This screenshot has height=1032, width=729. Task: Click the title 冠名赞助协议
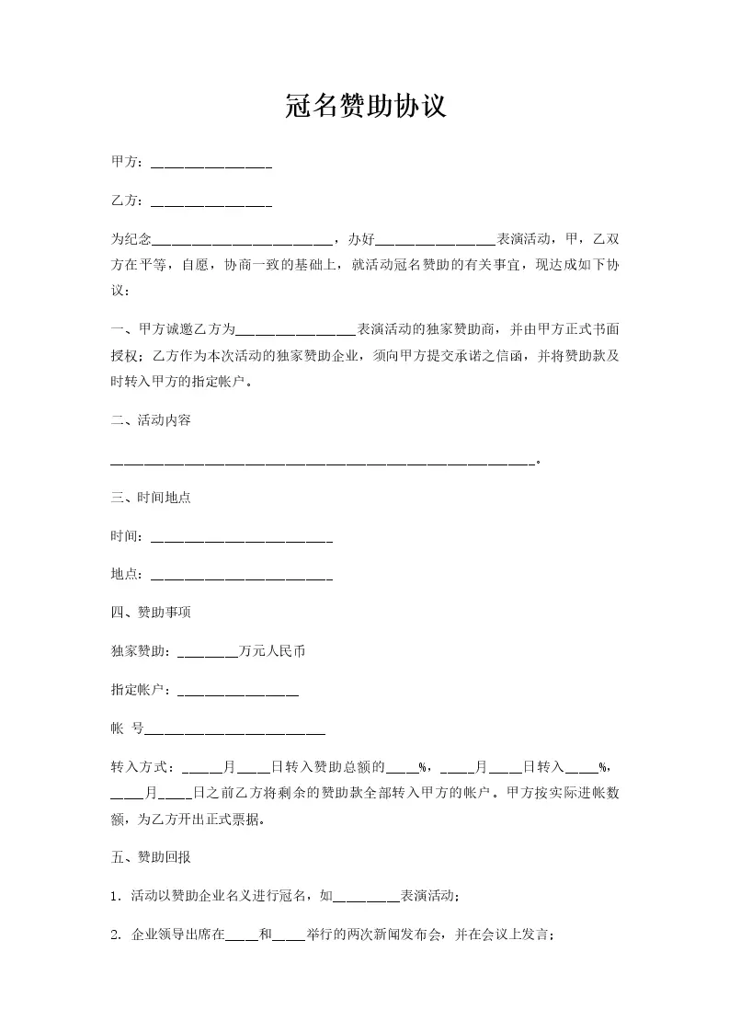(365, 107)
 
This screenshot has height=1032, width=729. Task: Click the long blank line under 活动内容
(322, 462)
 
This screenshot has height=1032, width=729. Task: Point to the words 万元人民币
(272, 651)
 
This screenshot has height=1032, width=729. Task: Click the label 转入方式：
(144, 766)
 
